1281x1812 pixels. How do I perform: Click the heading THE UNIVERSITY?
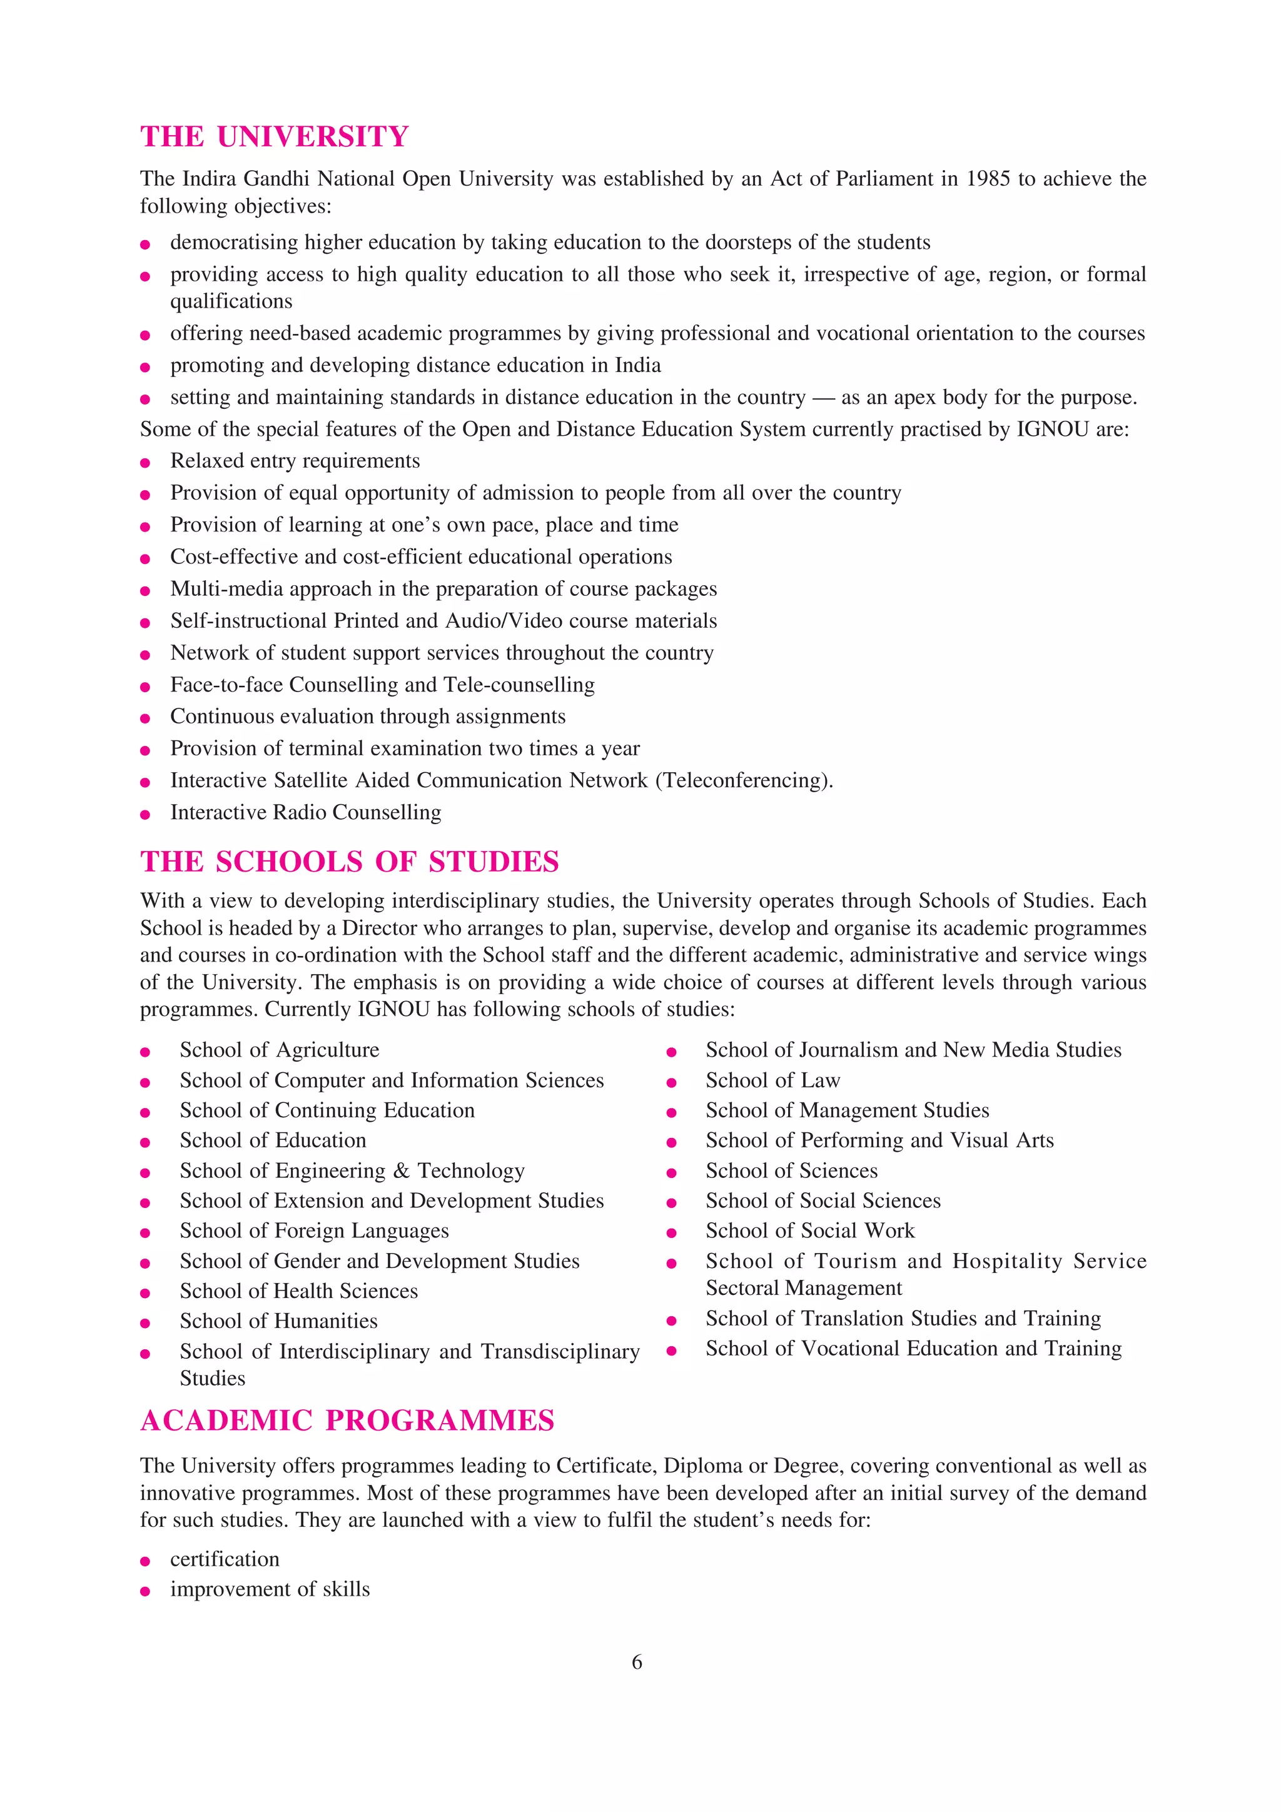coord(274,136)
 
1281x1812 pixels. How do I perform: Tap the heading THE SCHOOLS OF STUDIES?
coord(350,861)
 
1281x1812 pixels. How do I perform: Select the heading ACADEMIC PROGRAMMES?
coord(347,1421)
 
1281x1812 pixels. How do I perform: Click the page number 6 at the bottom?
coord(637,1662)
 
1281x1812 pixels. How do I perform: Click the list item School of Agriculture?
coord(280,1050)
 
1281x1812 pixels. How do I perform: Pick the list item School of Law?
coord(772,1080)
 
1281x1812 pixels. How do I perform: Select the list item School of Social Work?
coord(810,1231)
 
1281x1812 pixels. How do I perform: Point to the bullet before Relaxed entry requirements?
coord(145,463)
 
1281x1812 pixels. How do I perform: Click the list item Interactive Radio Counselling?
coord(305,812)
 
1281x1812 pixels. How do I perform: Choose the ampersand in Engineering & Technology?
coord(401,1170)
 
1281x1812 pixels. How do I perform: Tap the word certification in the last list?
coord(225,1559)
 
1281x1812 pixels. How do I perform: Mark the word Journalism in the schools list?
coord(849,1050)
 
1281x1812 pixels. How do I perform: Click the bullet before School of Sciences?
coord(672,1173)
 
